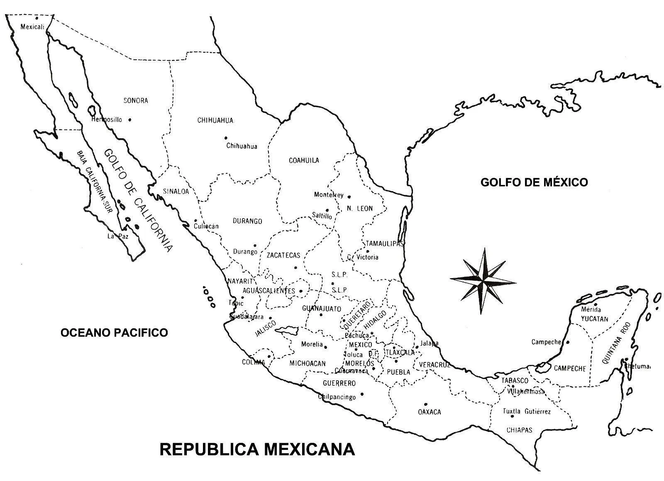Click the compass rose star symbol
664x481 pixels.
(483, 281)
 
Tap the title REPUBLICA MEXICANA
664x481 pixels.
(257, 449)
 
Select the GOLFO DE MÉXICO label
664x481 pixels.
(534, 182)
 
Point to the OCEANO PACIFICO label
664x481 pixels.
(114, 332)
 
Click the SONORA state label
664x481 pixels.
(136, 100)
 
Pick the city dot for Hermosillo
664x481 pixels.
(130, 119)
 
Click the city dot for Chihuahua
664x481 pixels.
(226, 138)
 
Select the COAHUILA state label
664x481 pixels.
(304, 160)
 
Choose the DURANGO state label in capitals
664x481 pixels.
(247, 221)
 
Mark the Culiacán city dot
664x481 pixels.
(195, 221)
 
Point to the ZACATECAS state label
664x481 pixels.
(283, 255)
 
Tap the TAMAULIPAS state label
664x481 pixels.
(384, 243)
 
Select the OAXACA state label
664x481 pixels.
(430, 412)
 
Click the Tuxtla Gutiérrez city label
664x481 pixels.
(527, 412)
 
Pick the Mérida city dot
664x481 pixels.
(595, 304)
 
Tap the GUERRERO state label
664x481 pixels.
(339, 383)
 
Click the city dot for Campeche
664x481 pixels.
(568, 342)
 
